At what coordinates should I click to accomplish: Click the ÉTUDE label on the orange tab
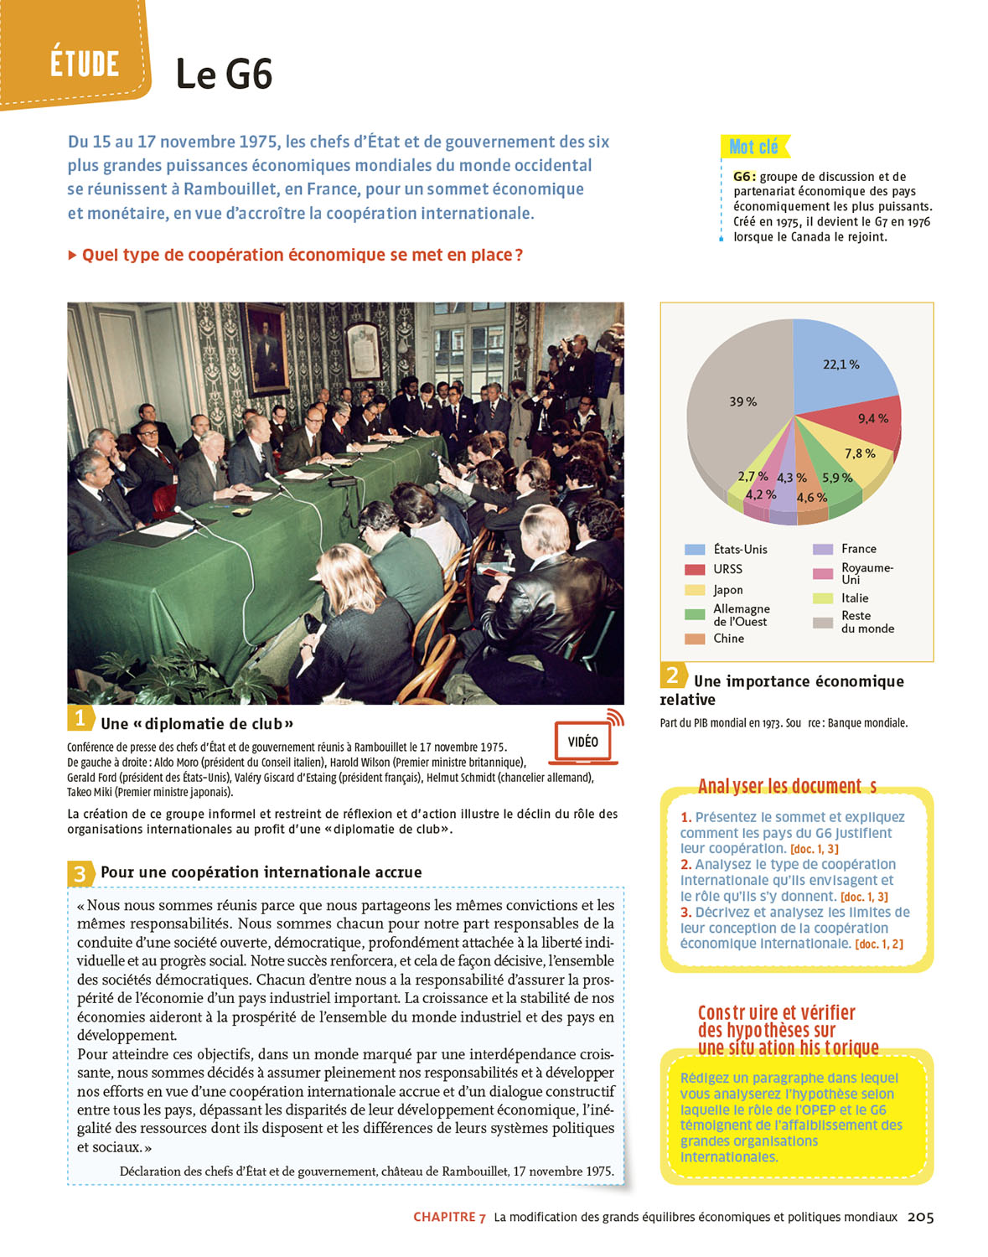tap(84, 64)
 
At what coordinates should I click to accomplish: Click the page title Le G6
tap(224, 75)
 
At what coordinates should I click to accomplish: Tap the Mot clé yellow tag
tap(754, 147)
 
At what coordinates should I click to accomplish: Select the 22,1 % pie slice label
tap(841, 365)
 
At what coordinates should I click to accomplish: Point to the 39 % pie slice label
tap(742, 401)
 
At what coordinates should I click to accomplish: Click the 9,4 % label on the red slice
tap(872, 418)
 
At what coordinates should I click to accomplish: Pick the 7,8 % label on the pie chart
tap(859, 453)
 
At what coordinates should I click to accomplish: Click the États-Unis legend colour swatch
tap(695, 550)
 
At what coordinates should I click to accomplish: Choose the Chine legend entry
tap(728, 639)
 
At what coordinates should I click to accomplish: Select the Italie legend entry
tap(855, 598)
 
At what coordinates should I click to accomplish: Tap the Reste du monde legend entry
tap(866, 622)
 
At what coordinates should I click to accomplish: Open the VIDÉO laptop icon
tap(583, 741)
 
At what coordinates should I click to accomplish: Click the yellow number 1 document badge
tap(80, 718)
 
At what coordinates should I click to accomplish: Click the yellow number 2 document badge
tap(672, 675)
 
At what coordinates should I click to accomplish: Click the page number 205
tap(920, 1217)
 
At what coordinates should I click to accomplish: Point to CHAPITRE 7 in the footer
tap(449, 1217)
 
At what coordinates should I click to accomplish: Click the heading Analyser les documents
tap(787, 786)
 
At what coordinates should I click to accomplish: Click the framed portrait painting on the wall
tap(267, 347)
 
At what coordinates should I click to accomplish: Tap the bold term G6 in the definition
tap(744, 177)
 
